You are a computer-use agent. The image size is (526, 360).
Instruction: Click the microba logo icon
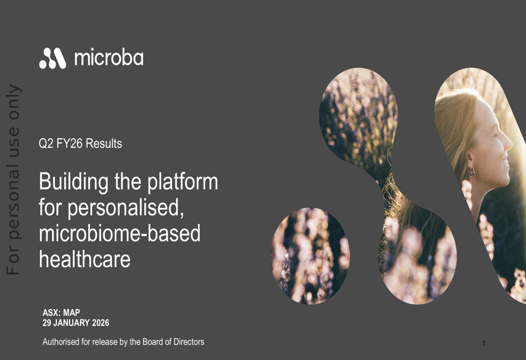(53, 58)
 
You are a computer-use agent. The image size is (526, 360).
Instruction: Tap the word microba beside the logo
(109, 57)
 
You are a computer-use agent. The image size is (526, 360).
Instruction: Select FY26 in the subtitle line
(69, 143)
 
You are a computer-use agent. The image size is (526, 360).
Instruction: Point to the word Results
(104, 143)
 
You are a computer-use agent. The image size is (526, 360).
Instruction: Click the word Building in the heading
(74, 182)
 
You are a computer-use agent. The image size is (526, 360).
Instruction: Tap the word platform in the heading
(183, 182)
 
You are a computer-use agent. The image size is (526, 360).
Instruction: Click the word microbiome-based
(120, 233)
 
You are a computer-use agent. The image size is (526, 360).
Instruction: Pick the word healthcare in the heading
(85, 259)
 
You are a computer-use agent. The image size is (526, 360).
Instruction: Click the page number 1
(484, 343)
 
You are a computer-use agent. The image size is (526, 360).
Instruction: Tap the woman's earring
(472, 171)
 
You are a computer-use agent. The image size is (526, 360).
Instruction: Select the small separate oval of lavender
(310, 256)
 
